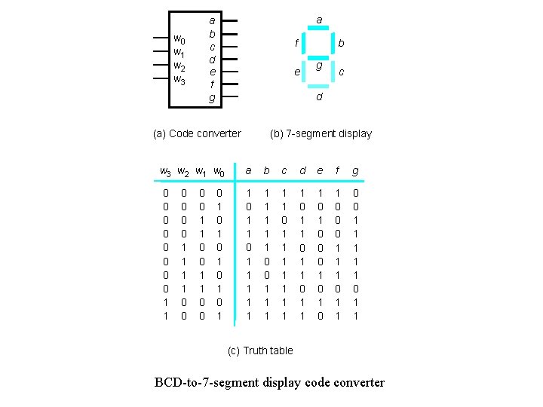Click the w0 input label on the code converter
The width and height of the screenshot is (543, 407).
coord(179,38)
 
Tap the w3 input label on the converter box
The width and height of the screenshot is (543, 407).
coord(179,79)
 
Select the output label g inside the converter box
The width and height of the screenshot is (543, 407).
coord(212,98)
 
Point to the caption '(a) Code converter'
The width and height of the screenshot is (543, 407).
coord(197,133)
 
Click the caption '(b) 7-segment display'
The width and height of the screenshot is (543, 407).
coord(321,133)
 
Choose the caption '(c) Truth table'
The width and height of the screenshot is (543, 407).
coord(260,350)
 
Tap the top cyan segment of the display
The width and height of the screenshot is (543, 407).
coord(318,29)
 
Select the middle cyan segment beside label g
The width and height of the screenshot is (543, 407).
coord(318,58)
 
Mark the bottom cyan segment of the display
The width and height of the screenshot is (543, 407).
coord(318,86)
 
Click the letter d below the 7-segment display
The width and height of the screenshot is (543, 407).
coord(319,97)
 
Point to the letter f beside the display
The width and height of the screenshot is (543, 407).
coord(296,44)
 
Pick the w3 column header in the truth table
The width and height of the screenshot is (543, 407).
coord(166,173)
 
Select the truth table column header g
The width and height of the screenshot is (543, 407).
coord(355,171)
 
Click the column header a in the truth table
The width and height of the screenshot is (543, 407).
coord(249,171)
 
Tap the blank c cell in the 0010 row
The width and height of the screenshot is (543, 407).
coord(284,220)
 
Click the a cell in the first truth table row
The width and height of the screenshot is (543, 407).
coord(249,194)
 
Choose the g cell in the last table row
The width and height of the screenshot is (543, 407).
coord(355,317)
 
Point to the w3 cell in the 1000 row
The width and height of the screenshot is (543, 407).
coord(166,303)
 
